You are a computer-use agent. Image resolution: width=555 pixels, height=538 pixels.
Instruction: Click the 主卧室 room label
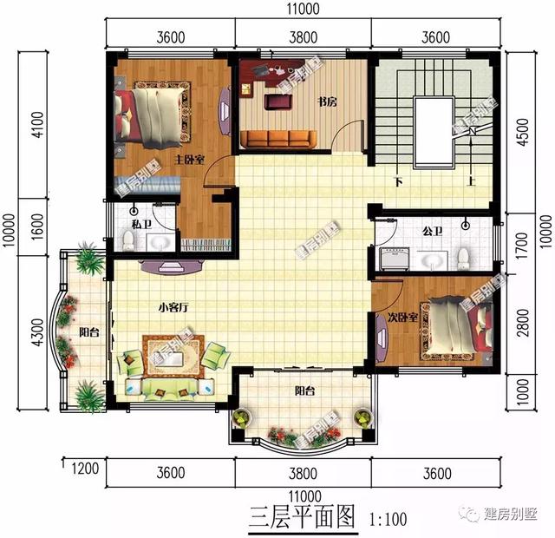click(x=189, y=161)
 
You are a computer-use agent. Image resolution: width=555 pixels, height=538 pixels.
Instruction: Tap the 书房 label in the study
click(x=327, y=102)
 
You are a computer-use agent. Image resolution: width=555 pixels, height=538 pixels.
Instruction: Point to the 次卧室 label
click(x=403, y=318)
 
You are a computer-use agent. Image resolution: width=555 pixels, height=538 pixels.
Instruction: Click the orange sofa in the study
click(x=278, y=138)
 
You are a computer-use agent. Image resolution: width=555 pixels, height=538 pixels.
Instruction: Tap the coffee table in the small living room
click(x=176, y=354)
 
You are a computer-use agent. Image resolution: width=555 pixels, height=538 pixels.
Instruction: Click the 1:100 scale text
click(x=388, y=521)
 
